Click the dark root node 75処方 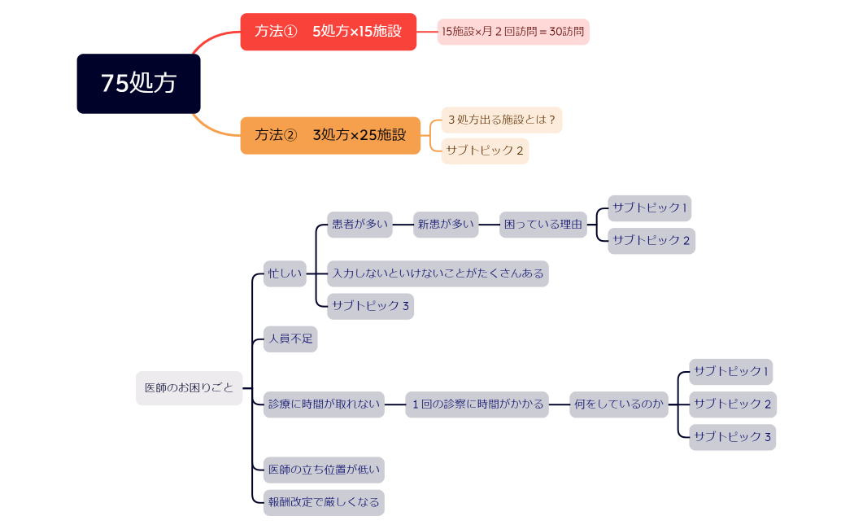(x=138, y=84)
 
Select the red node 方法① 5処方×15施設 (x=328, y=32)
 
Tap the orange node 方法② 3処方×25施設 (x=330, y=135)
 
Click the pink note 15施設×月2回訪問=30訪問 (x=512, y=32)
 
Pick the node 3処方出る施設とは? (x=501, y=120)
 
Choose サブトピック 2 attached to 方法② (x=485, y=151)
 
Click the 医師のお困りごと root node (x=189, y=388)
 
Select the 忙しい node (x=284, y=273)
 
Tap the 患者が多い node (x=359, y=225)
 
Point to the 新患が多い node (x=445, y=225)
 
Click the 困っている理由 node (x=542, y=225)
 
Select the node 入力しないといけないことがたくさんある (x=438, y=273)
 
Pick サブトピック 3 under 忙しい (x=370, y=306)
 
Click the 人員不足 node (x=290, y=339)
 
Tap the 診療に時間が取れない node (x=324, y=404)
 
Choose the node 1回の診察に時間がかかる (x=477, y=404)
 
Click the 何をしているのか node (x=618, y=404)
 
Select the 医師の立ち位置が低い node (x=324, y=470)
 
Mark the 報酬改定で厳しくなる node (x=324, y=502)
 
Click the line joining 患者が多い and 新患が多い (x=403, y=225)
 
